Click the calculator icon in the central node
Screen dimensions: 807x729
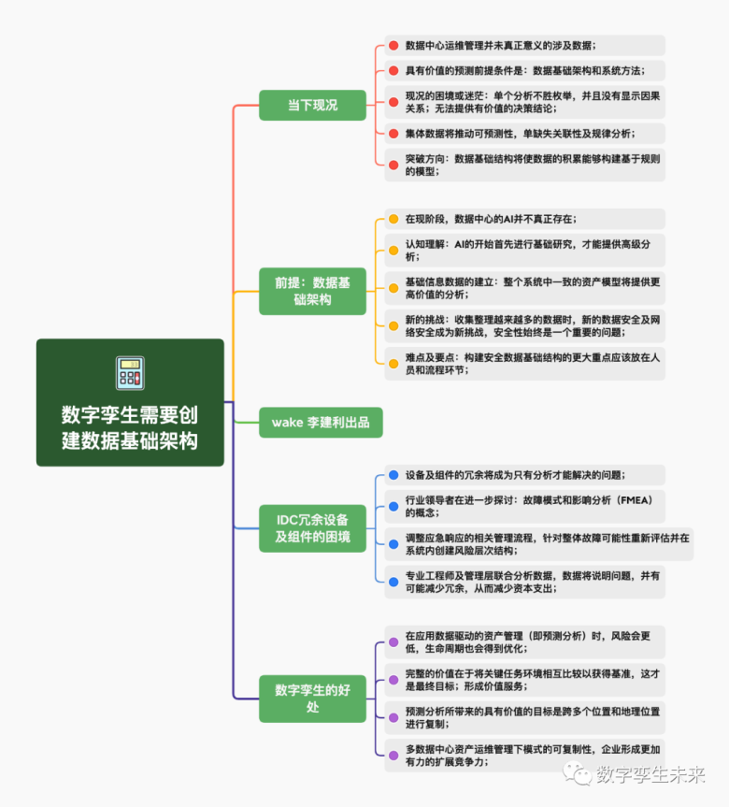click(x=130, y=373)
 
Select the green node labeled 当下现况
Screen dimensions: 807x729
click(x=313, y=105)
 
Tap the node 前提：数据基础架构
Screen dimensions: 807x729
click(x=313, y=291)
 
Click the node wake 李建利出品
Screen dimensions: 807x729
click(x=321, y=422)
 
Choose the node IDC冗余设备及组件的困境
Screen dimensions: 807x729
click(x=313, y=527)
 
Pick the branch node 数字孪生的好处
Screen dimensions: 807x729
click(x=313, y=698)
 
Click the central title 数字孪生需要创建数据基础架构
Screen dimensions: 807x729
click(x=130, y=427)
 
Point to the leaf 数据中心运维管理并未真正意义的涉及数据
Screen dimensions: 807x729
click(x=500, y=45)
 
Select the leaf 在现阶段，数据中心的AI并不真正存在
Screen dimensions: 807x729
click(x=491, y=219)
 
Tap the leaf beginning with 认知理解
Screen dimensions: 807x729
click(x=528, y=250)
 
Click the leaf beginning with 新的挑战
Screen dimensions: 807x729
click(x=528, y=325)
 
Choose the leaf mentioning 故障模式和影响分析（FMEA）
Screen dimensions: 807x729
click(x=528, y=506)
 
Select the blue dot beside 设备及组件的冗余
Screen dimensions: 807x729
click(x=393, y=475)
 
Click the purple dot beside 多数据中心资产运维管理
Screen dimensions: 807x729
click(x=393, y=755)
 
